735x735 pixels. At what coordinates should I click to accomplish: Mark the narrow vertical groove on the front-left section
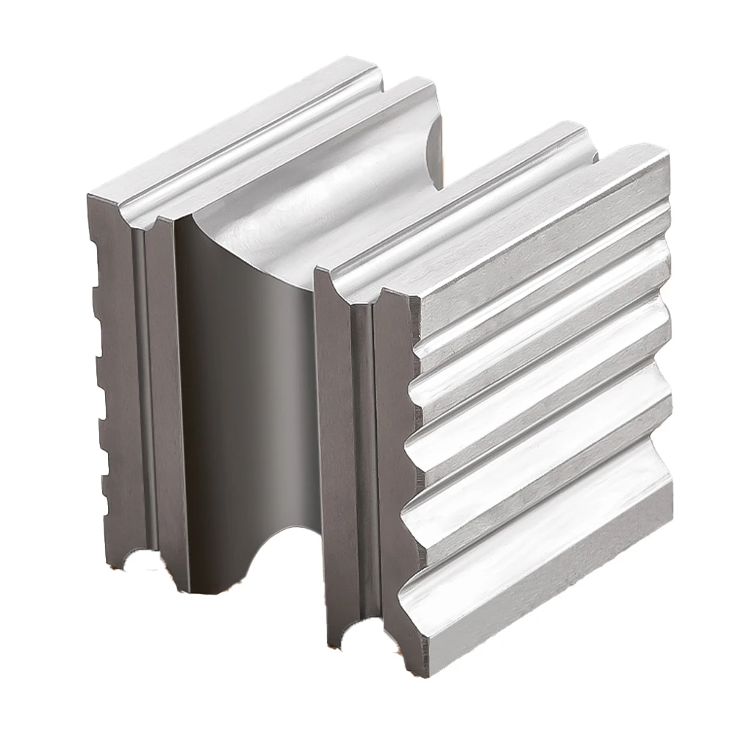click(x=140, y=382)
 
